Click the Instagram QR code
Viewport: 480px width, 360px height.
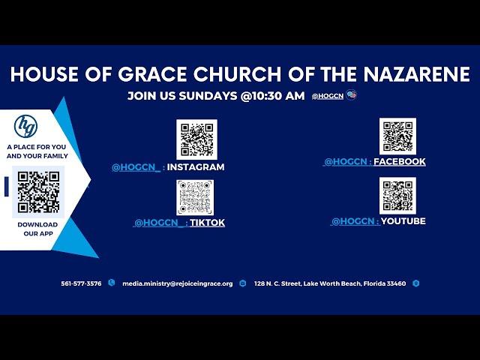(196, 139)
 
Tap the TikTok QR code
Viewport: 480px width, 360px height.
(195, 197)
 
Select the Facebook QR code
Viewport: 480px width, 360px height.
(397, 136)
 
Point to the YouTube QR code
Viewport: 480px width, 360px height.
(397, 196)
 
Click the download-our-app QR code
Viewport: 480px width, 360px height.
(38, 192)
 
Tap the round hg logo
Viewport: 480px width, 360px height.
(25, 126)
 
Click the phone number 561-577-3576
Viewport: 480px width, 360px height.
(81, 283)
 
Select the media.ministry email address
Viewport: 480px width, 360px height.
(178, 283)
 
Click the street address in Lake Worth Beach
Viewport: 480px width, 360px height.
(330, 283)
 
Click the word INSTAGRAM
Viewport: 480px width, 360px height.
(196, 166)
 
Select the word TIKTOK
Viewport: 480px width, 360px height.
(207, 223)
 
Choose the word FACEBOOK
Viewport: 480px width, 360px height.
(400, 161)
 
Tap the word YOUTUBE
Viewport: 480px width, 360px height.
(403, 220)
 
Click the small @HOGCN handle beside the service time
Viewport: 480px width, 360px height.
(328, 96)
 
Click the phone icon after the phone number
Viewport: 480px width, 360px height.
(112, 283)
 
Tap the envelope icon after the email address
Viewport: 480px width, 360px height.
(243, 283)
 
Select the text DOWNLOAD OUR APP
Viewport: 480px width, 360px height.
(37, 229)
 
